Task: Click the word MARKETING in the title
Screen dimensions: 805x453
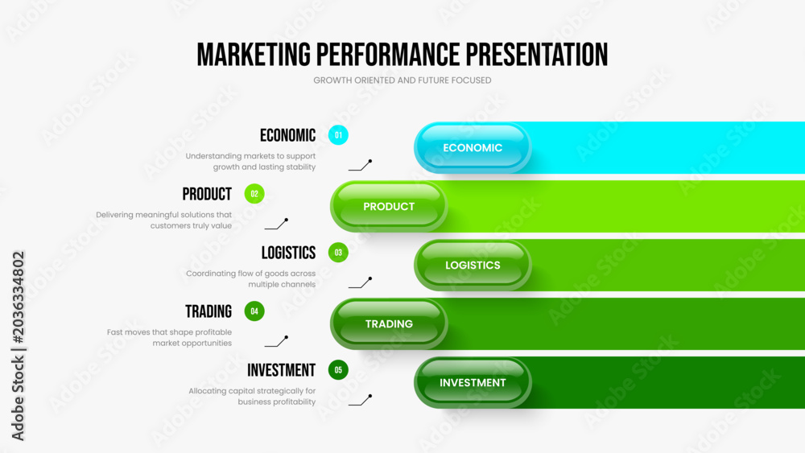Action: coord(254,55)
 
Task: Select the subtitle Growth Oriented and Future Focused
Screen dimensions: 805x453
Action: coord(402,80)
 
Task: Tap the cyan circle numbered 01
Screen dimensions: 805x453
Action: coord(338,135)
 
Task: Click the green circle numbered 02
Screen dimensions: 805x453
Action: coord(254,194)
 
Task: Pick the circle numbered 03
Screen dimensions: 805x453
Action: coord(338,253)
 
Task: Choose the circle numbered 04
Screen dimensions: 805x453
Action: coord(254,311)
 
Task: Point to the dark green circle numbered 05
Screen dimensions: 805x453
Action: coord(338,370)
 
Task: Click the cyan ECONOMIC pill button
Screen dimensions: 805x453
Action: coord(473,148)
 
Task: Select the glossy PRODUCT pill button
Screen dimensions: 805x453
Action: coord(389,206)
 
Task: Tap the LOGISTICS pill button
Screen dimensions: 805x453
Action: coord(473,266)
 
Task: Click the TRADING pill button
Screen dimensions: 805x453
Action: coord(389,323)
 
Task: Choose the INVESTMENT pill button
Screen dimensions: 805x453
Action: coord(473,383)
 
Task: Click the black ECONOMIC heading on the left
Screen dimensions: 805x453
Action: coord(287,135)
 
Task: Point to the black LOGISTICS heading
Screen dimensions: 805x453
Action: coord(288,253)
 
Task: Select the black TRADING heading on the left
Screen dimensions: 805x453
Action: coord(208,311)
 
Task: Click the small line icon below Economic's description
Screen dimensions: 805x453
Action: coord(360,165)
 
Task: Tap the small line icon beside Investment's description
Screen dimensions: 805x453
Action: coord(360,400)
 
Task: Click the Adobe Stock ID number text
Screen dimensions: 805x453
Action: coord(19,298)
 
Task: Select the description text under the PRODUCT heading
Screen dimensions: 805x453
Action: coord(163,220)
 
